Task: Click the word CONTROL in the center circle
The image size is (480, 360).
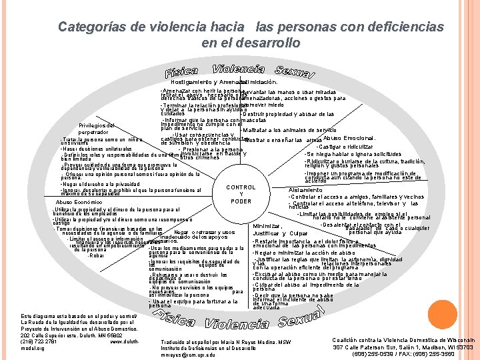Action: coord(241,187)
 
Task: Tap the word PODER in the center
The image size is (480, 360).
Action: coord(241,201)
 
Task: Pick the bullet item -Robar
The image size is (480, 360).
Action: coord(96,255)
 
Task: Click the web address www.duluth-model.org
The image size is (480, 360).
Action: coord(123,342)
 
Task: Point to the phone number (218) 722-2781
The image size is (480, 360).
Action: coord(40,342)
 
